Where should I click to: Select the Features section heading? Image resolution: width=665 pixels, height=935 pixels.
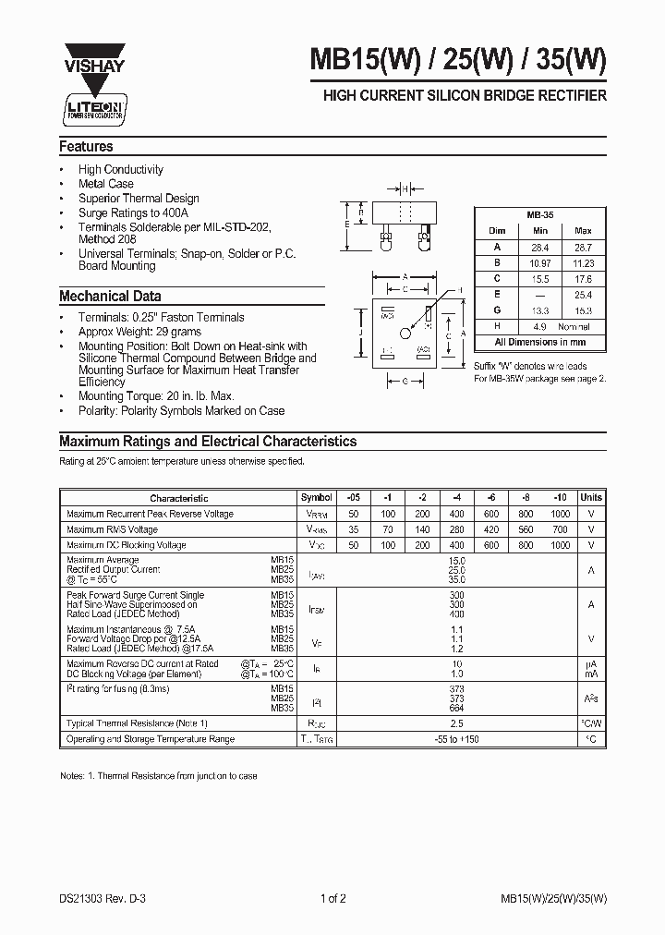86,146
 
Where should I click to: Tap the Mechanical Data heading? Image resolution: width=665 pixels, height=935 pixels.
110,297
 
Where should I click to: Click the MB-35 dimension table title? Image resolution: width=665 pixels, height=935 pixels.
539,213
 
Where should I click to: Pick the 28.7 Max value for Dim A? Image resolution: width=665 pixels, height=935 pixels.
583,247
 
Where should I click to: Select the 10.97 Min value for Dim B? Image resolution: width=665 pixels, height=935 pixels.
540,262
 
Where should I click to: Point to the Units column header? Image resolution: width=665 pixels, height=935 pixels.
591,498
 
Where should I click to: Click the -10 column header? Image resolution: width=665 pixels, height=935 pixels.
561,498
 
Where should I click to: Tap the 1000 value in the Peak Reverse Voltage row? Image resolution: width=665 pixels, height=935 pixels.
561,514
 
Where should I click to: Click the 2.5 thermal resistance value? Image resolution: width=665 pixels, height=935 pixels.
456,723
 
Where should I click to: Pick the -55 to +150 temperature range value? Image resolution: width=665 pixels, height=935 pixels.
456,739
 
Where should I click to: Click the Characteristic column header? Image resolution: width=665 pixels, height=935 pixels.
179,498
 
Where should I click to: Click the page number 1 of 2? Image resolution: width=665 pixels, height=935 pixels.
332,896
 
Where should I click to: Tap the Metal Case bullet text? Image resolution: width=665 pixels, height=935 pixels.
106,184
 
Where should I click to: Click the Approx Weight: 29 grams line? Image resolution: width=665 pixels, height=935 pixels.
139,332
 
